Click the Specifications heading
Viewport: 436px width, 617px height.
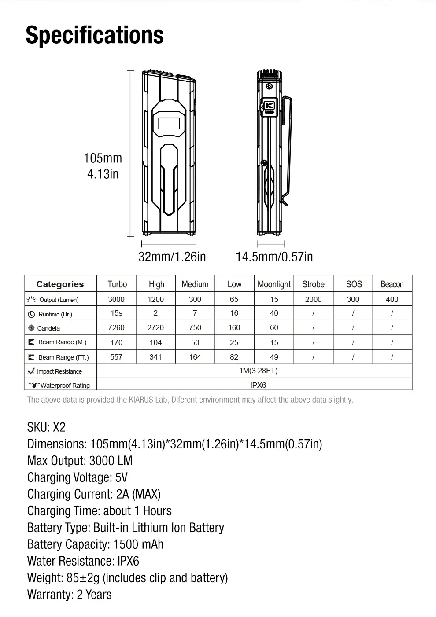click(95, 35)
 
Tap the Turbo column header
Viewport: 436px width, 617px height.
click(117, 284)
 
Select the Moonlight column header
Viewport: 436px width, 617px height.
click(274, 284)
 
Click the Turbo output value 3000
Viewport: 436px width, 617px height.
click(116, 299)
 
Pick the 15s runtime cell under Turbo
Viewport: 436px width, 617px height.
click(116, 313)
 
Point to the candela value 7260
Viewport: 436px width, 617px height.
click(116, 327)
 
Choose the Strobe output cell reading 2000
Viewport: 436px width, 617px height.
click(313, 299)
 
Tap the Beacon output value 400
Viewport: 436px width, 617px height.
click(392, 299)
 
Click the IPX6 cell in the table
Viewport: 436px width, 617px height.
click(258, 385)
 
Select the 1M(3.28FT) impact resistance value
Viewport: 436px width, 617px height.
click(258, 371)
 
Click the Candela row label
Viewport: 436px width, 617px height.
click(48, 328)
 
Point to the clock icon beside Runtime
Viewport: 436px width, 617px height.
click(31, 314)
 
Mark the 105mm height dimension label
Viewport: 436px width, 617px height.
click(103, 158)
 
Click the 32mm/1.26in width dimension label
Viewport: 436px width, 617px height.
click(172, 257)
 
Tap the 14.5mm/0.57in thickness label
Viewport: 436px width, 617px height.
click(274, 257)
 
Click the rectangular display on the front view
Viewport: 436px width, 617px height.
click(169, 123)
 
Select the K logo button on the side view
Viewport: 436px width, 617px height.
click(269, 106)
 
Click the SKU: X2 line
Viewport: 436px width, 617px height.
click(46, 427)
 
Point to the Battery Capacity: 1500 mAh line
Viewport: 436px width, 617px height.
click(95, 544)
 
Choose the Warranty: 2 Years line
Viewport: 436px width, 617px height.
click(69, 595)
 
